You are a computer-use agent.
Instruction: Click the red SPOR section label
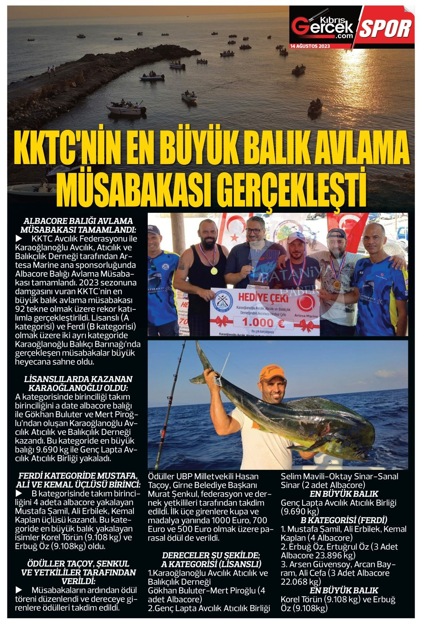(x=386, y=28)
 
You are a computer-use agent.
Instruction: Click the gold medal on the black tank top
(x=214, y=270)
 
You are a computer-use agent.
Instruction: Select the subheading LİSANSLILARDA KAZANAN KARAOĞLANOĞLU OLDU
(x=78, y=384)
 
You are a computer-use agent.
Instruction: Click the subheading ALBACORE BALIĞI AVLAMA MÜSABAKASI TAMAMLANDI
(x=78, y=225)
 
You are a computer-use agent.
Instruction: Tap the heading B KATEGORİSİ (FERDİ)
(x=344, y=520)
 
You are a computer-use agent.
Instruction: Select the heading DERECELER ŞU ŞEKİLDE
(x=211, y=560)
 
